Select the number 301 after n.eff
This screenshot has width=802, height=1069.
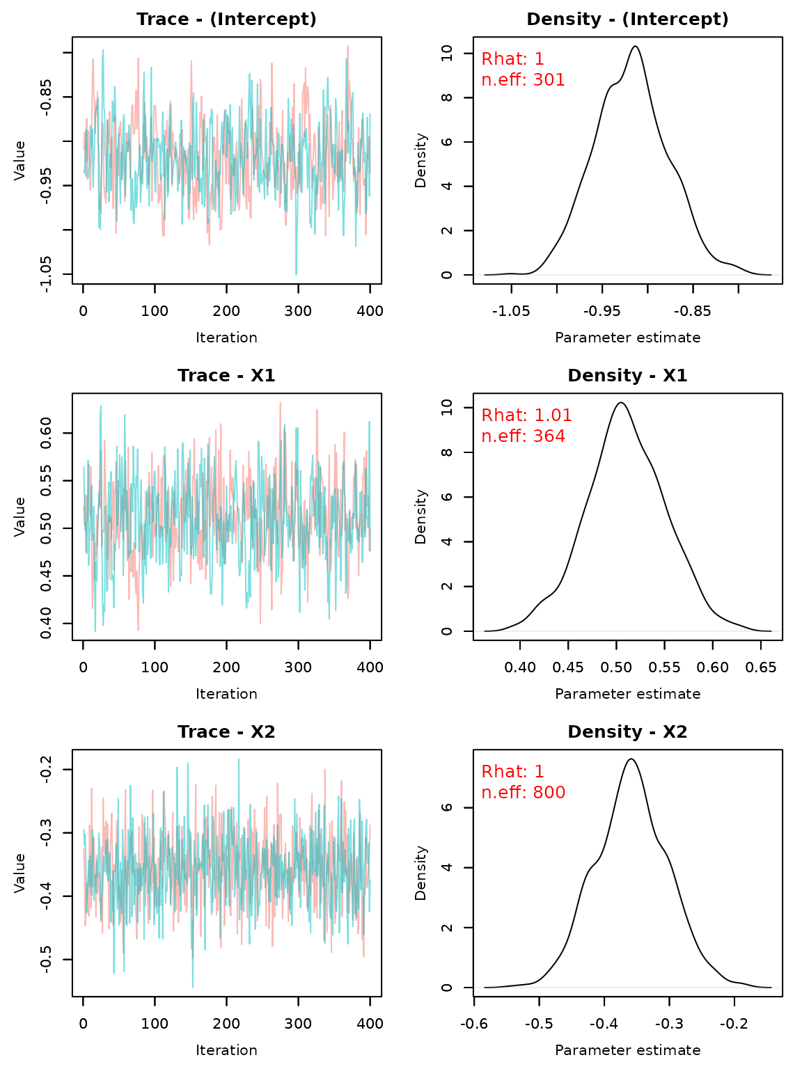549,81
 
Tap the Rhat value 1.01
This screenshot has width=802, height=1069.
553,416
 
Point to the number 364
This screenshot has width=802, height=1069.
549,437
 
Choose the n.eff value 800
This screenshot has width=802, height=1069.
549,793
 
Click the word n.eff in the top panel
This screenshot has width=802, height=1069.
503,81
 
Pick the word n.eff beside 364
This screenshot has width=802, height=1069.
503,437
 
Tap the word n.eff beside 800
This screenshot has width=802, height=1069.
503,793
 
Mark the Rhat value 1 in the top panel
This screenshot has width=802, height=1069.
539,60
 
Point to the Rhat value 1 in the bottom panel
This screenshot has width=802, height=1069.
539,773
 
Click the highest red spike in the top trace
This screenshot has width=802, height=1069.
347,47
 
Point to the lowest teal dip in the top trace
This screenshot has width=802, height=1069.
296,274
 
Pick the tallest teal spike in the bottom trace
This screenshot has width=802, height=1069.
239,760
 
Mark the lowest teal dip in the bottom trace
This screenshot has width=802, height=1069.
193,985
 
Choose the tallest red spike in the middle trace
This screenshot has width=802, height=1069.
281,403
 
